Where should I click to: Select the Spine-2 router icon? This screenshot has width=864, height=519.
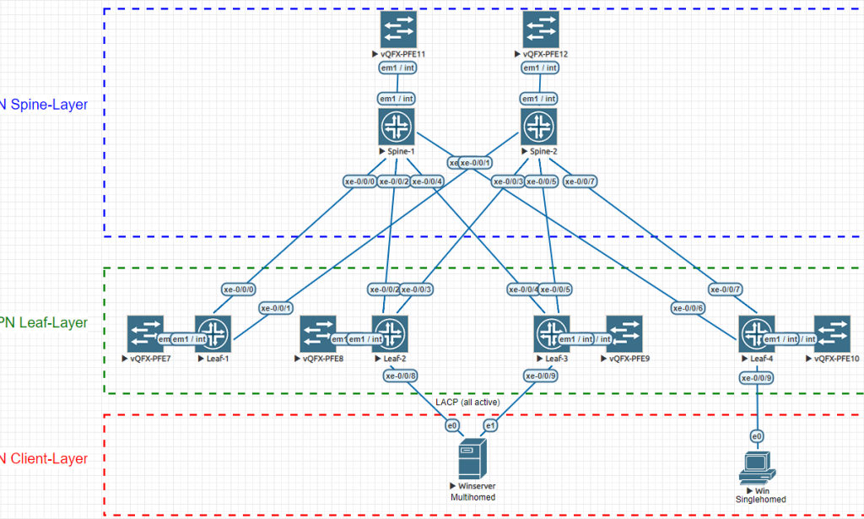tap(539, 127)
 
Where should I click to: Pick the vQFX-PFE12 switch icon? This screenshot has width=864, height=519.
tap(540, 30)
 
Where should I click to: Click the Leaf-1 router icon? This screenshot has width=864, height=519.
tap(212, 332)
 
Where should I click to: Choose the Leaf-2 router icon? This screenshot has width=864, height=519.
tap(390, 332)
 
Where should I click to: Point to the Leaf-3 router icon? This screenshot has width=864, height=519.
tap(551, 332)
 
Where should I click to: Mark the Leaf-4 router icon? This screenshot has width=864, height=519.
tap(757, 332)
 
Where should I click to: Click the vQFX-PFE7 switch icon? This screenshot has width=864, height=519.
tap(145, 332)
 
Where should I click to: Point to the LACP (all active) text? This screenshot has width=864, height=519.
tap(467, 402)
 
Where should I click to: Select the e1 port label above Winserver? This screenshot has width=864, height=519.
tap(490, 425)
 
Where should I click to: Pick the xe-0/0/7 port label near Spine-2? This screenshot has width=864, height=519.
tap(580, 181)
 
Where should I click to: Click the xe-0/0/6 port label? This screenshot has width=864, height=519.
tap(688, 308)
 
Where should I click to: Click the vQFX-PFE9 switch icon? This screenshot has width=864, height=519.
tap(623, 332)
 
